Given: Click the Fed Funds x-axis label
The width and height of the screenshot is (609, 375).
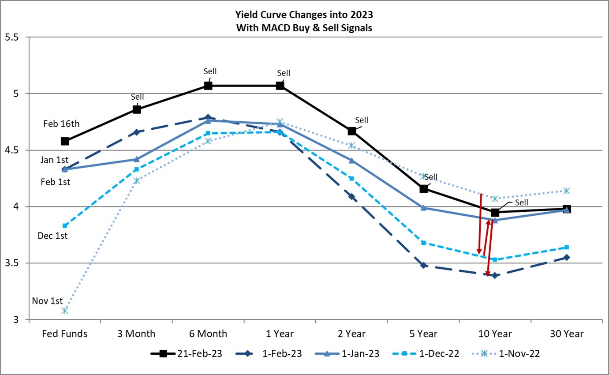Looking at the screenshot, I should click(x=65, y=334).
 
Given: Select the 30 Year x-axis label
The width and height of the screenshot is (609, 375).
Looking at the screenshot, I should click(x=567, y=334).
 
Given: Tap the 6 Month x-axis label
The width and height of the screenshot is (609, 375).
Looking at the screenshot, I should click(x=208, y=334).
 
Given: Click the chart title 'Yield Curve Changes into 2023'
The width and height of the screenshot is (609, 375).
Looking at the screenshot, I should click(x=304, y=15).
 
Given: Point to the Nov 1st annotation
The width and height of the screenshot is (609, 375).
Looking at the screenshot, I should click(x=47, y=301).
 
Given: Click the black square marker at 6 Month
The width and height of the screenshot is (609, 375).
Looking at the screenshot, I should click(x=208, y=86).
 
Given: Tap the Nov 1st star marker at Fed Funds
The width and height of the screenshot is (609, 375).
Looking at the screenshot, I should click(x=65, y=311).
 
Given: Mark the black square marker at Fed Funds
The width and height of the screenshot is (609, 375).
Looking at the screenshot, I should click(x=65, y=141).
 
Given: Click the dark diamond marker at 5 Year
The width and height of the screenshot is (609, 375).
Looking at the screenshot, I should click(x=423, y=265).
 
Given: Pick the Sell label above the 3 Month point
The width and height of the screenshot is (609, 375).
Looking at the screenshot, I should click(x=137, y=97).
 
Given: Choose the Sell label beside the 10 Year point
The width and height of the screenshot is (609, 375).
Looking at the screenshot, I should click(x=522, y=202).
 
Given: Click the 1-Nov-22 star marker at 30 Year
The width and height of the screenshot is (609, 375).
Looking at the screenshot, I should click(x=567, y=191).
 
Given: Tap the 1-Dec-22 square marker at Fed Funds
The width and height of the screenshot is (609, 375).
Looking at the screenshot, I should click(x=65, y=225).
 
